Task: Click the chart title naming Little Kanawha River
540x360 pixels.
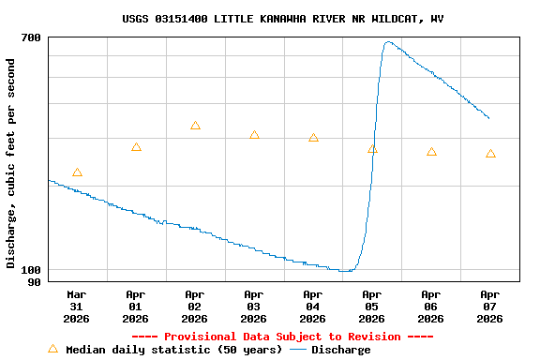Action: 282,19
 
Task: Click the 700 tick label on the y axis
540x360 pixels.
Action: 31,37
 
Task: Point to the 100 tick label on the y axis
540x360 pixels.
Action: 31,270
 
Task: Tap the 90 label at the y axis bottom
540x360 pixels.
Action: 35,281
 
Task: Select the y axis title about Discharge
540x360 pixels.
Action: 11,163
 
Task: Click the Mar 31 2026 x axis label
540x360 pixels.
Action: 77,306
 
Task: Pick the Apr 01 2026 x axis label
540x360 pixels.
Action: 136,306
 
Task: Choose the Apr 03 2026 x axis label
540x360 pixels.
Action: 254,306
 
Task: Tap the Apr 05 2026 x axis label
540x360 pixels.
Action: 372,306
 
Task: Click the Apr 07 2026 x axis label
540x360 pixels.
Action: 490,306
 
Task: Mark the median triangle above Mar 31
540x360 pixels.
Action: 77,172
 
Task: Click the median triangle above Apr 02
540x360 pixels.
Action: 195,126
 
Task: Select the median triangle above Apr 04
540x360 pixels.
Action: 313,138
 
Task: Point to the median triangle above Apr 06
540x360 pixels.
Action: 431,152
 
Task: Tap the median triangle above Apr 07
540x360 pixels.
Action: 490,154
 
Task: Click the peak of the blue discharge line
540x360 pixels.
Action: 387,42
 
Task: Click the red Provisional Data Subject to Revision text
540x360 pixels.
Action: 282,337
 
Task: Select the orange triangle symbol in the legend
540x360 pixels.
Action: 52,349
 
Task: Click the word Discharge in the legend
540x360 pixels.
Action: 340,350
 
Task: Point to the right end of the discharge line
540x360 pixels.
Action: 488,118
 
